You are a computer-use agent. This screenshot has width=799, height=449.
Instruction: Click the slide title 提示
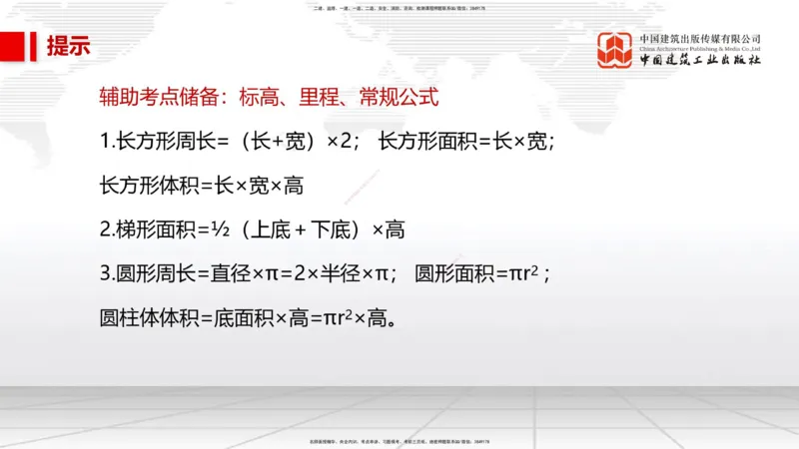point(68,46)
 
